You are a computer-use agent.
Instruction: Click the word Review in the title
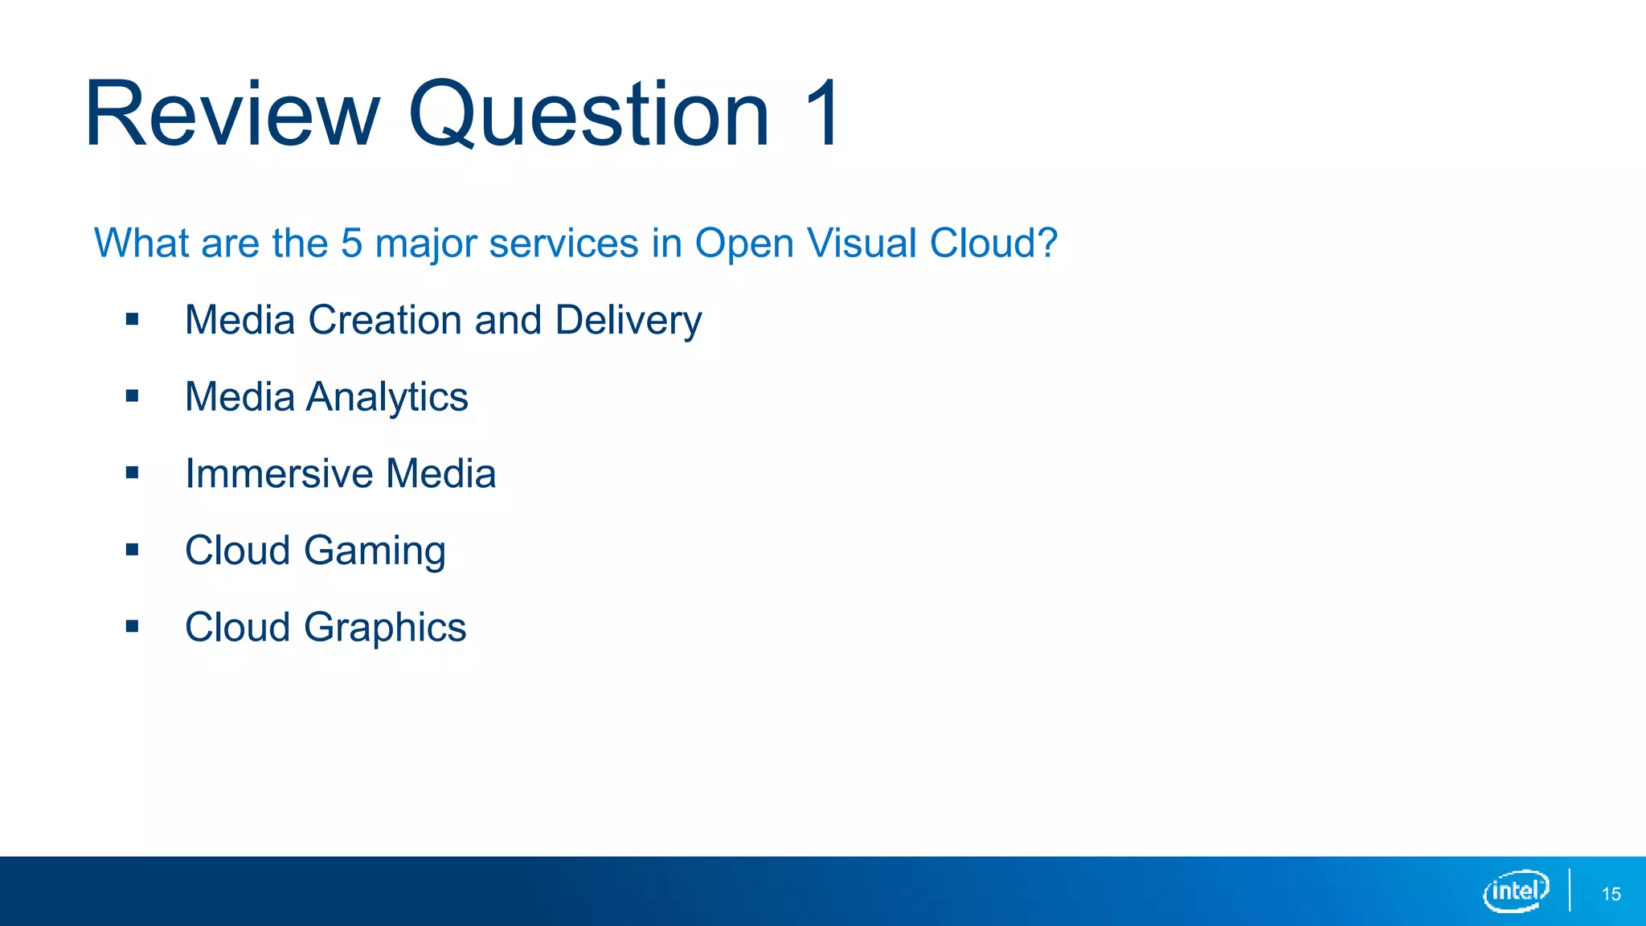point(231,114)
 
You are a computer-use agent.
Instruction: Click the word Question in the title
point(589,114)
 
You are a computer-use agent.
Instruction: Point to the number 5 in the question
point(352,243)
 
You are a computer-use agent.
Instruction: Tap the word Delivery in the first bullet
point(628,321)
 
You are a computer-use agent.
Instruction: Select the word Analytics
point(387,397)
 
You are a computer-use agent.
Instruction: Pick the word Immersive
point(278,473)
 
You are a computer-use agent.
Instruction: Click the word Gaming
point(375,551)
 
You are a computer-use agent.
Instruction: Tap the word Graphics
point(385,628)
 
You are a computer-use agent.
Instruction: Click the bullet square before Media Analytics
point(133,396)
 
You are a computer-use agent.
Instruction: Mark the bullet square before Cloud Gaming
point(133,550)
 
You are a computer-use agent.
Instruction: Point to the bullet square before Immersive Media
point(133,473)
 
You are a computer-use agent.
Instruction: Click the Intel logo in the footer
point(1516,891)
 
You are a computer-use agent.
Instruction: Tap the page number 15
point(1611,894)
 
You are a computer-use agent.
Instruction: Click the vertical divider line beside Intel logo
point(1570,890)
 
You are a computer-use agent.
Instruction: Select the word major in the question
point(426,243)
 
